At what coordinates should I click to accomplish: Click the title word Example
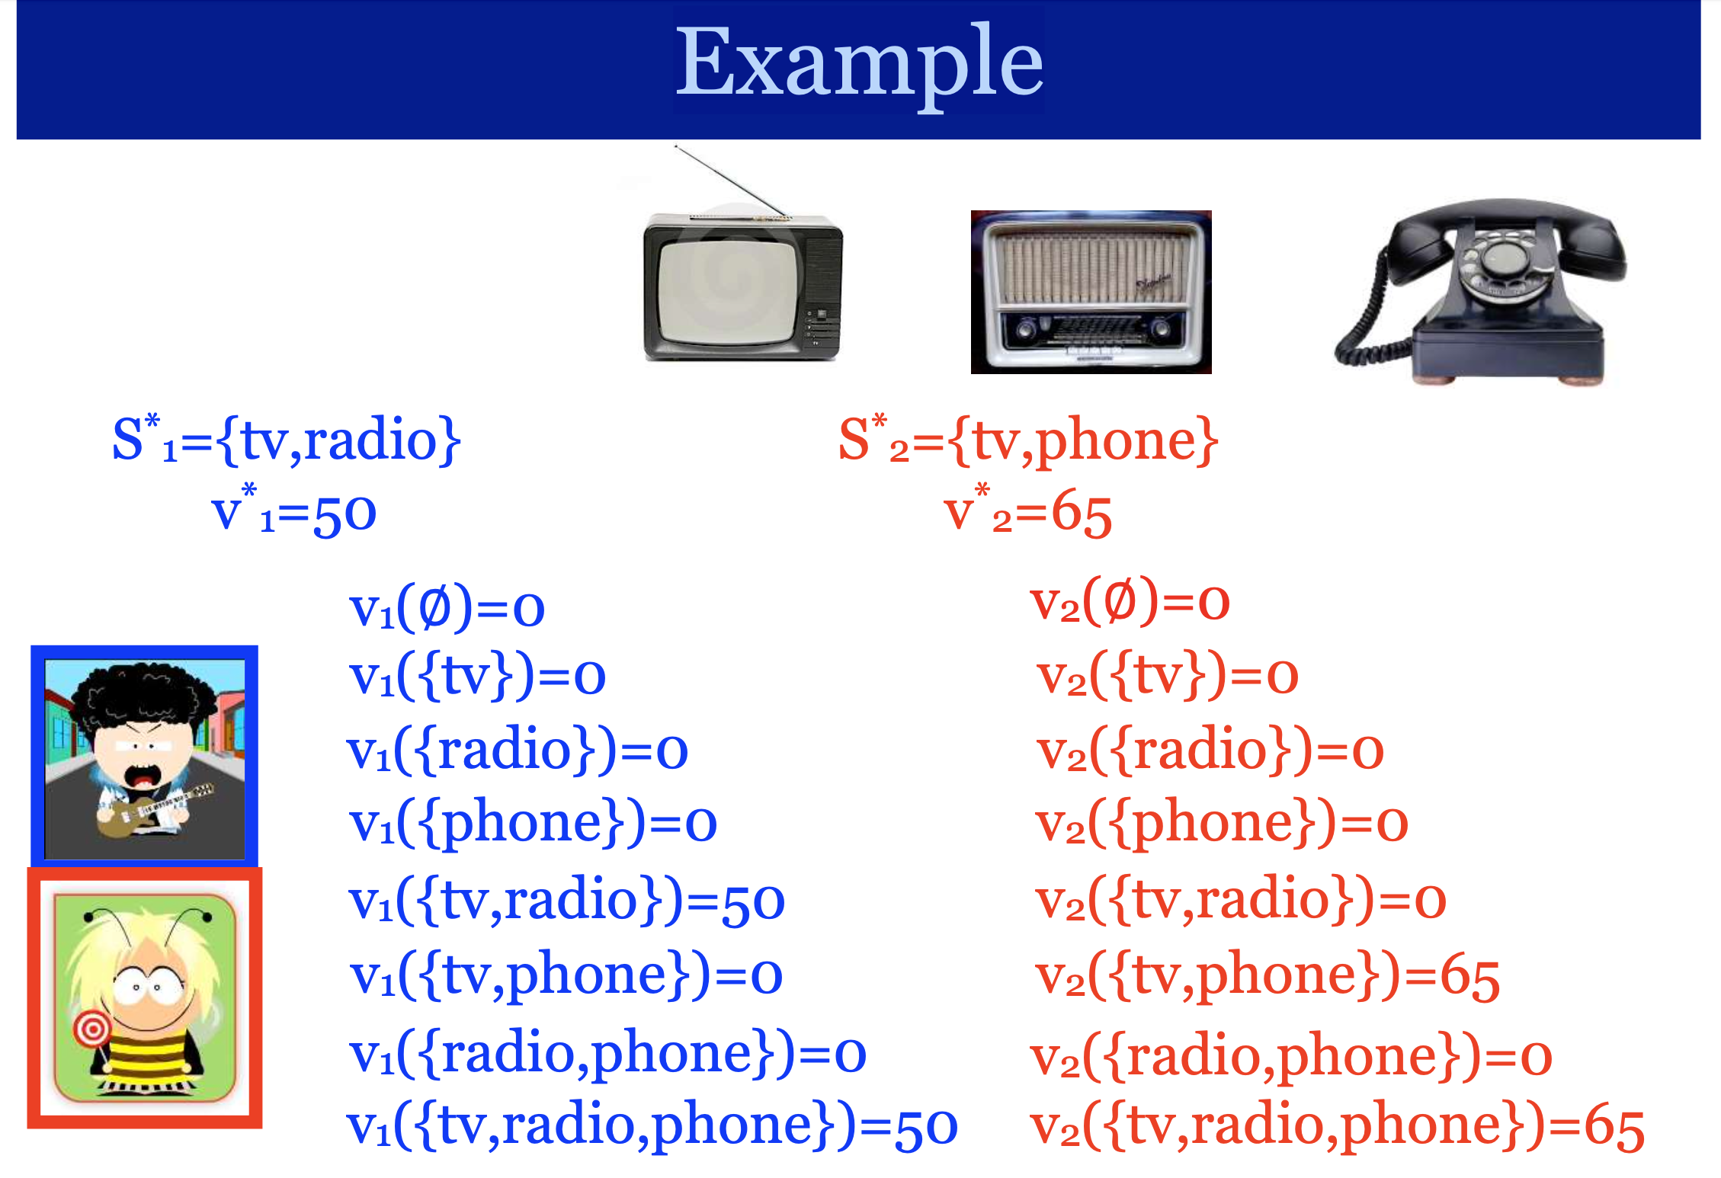[859, 65]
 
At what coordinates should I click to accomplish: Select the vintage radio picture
[1091, 292]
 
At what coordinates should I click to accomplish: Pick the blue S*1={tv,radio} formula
[287, 440]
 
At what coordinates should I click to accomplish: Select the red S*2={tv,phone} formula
[1028, 440]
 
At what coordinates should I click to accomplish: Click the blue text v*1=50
[294, 510]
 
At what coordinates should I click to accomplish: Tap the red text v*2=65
[1027, 510]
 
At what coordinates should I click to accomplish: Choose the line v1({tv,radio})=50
[567, 901]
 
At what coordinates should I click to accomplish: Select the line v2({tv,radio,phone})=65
[1338, 1126]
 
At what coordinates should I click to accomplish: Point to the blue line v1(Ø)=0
[447, 607]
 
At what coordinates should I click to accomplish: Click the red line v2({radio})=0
[1210, 750]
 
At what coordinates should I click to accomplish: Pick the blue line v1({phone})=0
[533, 823]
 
